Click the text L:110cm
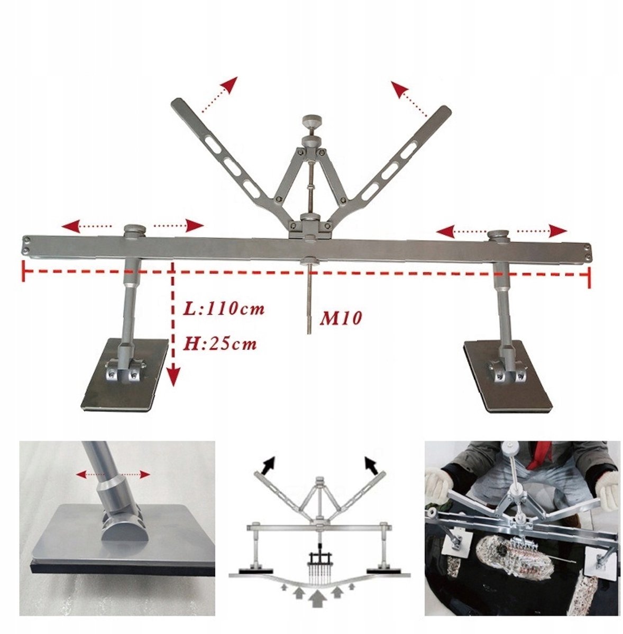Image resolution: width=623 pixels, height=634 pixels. click(x=223, y=309)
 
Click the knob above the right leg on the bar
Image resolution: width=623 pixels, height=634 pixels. click(x=499, y=236)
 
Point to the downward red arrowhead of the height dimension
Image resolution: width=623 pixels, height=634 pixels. click(x=173, y=377)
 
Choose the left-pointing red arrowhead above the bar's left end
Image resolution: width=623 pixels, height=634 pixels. click(x=70, y=226)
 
